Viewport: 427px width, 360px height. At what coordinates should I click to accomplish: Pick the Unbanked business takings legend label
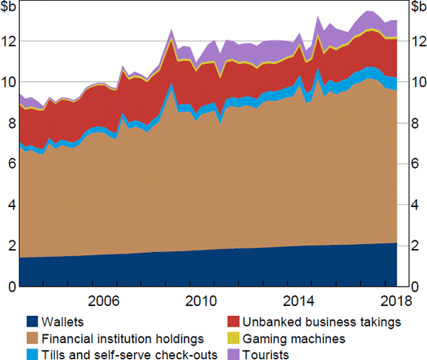tap(315, 322)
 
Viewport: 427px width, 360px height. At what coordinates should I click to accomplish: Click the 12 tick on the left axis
tap(9, 41)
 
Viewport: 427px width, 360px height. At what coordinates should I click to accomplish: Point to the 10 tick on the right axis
tap(414, 83)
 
